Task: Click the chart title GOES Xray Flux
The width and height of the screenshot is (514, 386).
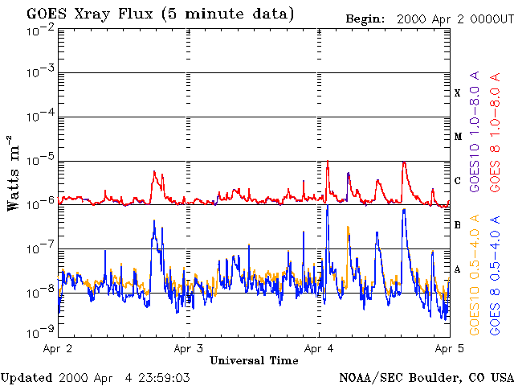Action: pyautogui.click(x=90, y=14)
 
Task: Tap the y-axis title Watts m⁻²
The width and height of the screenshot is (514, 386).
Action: pyautogui.click(x=14, y=173)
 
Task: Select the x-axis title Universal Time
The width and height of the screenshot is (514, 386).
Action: pyautogui.click(x=254, y=360)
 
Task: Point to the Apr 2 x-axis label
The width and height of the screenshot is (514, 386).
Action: pyautogui.click(x=57, y=348)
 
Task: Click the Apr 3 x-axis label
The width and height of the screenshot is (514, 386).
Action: pyautogui.click(x=189, y=348)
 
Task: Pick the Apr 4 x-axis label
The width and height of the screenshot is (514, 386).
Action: pyautogui.click(x=319, y=348)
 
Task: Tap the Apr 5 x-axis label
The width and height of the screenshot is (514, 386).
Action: pyautogui.click(x=450, y=348)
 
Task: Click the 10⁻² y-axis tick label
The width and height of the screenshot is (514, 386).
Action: pyautogui.click(x=41, y=33)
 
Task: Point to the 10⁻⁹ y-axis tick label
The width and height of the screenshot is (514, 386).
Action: pyautogui.click(x=41, y=331)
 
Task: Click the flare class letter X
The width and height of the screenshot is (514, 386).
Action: pyautogui.click(x=458, y=93)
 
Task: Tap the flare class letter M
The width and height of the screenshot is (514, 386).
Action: pyautogui.click(x=458, y=137)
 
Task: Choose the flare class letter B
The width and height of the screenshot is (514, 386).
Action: pyautogui.click(x=458, y=225)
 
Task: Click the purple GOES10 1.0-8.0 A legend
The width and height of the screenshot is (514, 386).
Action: pyautogui.click(x=475, y=131)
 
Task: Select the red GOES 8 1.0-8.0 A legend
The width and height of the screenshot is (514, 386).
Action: pyautogui.click(x=495, y=132)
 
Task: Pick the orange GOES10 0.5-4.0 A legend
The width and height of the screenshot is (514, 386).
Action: pyautogui.click(x=475, y=275)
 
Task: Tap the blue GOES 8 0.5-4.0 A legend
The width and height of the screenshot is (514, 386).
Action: pyautogui.click(x=495, y=275)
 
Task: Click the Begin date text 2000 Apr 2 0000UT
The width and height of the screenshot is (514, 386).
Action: pyautogui.click(x=455, y=19)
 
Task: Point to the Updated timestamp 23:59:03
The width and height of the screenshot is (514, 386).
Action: pyautogui.click(x=164, y=378)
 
